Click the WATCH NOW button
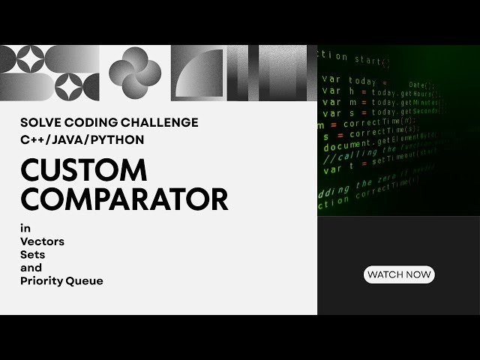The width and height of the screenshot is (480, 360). [399, 274]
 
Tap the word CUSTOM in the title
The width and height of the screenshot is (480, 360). [83, 170]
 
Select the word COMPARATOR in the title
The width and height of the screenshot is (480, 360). [124, 199]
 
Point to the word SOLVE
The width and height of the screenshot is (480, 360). [42, 123]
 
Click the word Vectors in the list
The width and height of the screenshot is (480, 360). [42, 241]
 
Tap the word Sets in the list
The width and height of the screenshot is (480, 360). [32, 255]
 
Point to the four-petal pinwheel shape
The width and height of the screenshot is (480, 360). [135, 73]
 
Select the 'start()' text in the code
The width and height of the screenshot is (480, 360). [373, 60]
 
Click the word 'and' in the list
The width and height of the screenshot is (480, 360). [31, 268]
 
